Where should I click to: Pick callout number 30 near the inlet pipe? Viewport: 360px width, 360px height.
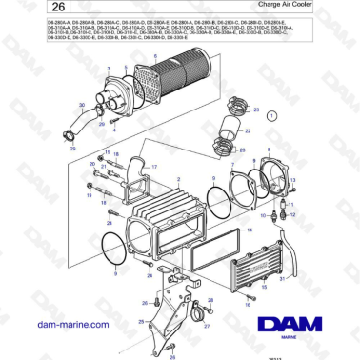pyautogui.click(x=83, y=105)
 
